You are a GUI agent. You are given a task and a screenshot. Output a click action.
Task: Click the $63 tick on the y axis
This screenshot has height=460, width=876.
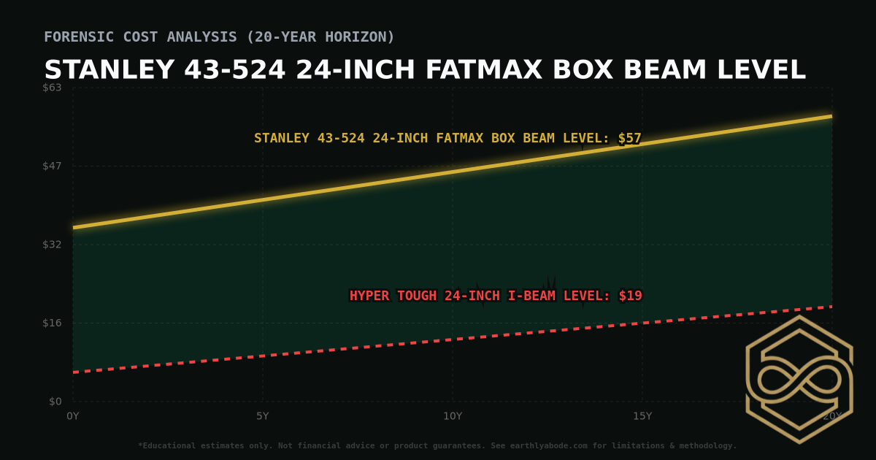click(53, 88)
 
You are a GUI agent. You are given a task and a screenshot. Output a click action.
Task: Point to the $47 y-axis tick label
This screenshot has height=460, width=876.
click(53, 166)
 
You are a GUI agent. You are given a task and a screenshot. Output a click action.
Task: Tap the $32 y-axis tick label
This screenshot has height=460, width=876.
click(53, 245)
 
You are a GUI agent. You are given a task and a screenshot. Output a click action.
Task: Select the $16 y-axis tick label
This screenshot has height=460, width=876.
click(53, 323)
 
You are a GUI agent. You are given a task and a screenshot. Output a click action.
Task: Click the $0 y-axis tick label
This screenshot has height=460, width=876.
click(55, 402)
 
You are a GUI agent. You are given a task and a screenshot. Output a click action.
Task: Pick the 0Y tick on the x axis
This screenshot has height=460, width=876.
click(73, 416)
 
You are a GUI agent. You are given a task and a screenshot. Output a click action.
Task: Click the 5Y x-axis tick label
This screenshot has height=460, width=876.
click(263, 416)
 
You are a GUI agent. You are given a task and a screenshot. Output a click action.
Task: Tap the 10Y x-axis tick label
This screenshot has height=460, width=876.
click(453, 416)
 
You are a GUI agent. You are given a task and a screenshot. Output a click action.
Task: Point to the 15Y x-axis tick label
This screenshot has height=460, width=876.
click(642, 416)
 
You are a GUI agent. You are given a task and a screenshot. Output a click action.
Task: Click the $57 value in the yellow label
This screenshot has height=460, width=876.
click(629, 138)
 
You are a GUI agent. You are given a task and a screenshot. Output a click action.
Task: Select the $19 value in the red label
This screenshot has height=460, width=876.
click(630, 296)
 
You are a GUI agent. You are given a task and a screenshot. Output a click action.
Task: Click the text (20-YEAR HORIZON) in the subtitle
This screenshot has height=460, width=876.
click(322, 37)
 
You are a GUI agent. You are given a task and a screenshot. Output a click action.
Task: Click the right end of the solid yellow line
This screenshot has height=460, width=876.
click(831, 116)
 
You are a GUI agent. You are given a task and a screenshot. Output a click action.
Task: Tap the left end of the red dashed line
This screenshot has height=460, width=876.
click(74, 372)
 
